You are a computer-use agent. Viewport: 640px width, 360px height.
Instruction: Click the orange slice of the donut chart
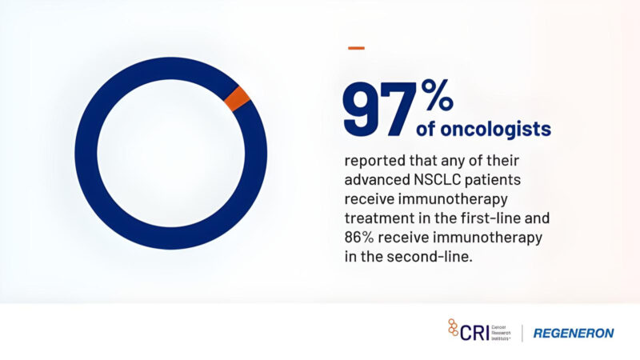coord(238,98)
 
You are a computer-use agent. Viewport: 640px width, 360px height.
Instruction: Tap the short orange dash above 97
coord(356,48)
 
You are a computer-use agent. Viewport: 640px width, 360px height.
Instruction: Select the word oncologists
coord(494,128)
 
